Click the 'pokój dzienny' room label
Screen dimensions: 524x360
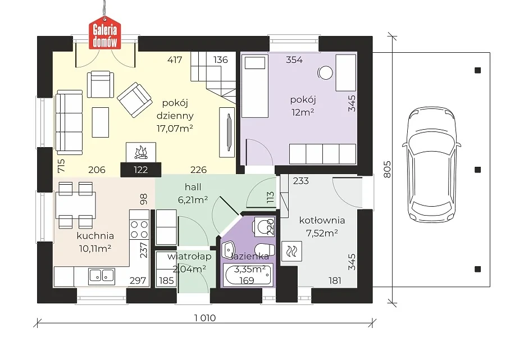175,109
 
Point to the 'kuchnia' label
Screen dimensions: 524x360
95,236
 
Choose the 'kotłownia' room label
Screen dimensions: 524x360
322,220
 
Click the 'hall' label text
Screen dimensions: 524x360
193,187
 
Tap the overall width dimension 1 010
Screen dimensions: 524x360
205,318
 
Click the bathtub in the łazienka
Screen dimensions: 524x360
248,275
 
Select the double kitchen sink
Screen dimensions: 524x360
102,275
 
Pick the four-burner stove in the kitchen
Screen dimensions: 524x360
139,229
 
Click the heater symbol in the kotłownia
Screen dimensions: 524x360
291,251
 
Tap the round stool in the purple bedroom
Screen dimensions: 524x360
325,72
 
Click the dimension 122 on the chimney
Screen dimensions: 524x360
141,170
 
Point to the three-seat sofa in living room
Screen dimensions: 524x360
69,122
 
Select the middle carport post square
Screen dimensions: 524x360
478,170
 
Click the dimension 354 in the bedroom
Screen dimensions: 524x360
294,60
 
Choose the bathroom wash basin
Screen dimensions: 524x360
230,249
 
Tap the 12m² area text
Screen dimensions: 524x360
303,112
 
